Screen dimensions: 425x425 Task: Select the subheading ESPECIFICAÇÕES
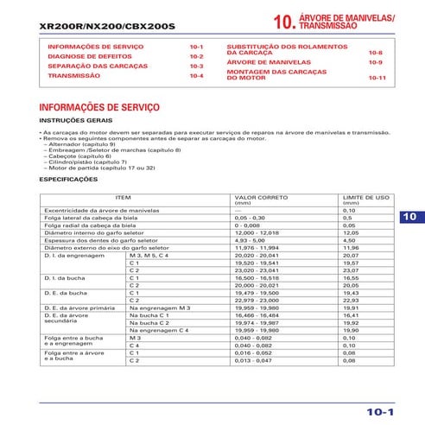tap(69, 180)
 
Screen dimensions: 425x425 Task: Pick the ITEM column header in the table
tap(123, 197)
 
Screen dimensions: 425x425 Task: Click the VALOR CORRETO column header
tap(256, 197)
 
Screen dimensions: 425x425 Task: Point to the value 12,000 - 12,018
tap(257, 232)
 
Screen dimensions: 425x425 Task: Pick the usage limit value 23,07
tap(351, 270)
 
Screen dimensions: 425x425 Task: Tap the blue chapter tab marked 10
tap(409, 216)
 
